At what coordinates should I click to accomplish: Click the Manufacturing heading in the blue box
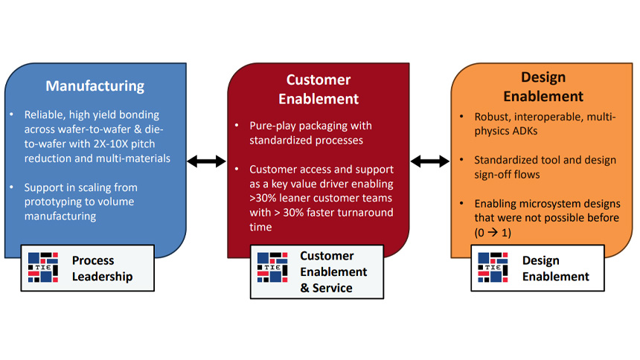[95, 86]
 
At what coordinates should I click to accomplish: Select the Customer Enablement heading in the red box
[319, 89]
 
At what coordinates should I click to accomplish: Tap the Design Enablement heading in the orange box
[543, 86]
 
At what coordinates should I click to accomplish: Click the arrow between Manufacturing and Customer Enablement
[206, 161]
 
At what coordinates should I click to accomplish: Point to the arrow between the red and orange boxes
[430, 161]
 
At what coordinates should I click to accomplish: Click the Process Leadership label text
[103, 269]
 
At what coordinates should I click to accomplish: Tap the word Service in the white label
[333, 287]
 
